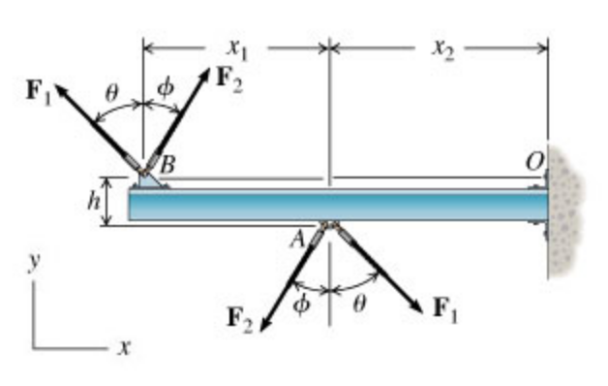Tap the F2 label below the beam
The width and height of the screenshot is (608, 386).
pos(240,317)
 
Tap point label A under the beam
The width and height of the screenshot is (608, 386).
pos(303,239)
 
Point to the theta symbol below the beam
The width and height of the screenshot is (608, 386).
pos(359,304)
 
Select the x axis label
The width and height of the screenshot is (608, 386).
pos(124,346)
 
